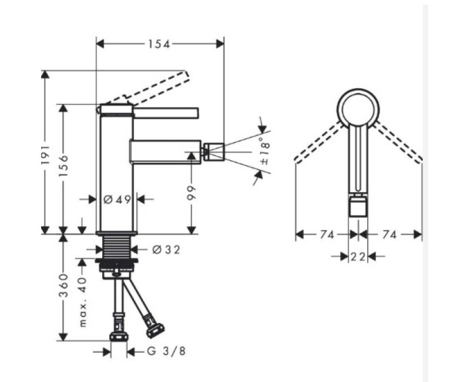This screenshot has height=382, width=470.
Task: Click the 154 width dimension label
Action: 159,44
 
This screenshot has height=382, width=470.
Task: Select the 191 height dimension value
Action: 45,155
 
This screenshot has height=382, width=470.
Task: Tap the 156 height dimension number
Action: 63,166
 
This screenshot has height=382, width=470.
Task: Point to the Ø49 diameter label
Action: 117,199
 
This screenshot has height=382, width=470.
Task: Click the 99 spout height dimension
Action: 192,193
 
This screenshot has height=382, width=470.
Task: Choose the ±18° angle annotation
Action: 265,151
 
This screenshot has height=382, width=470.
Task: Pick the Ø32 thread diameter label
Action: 166,249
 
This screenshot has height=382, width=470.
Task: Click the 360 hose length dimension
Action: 63,285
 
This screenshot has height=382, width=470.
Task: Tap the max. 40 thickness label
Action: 82,301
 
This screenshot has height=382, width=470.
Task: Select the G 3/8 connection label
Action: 166,351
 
